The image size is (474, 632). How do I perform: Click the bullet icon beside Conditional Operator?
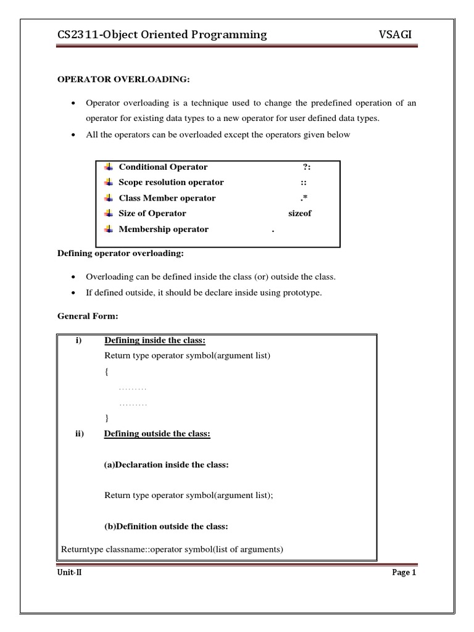pos(108,167)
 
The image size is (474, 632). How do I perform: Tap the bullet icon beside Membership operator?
pos(108,229)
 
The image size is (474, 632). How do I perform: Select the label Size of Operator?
pos(152,214)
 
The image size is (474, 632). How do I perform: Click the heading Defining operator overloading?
pos(120,254)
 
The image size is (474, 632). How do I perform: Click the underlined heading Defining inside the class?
pos(155,341)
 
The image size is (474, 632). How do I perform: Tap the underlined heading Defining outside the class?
pos(157,434)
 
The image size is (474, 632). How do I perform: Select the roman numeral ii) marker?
pos(79,434)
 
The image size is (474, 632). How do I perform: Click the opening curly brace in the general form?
pos(107,372)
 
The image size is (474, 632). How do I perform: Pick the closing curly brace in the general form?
pos(107,418)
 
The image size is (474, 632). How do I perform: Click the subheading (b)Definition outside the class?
pos(167,526)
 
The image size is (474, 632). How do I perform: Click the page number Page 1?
pos(405,573)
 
